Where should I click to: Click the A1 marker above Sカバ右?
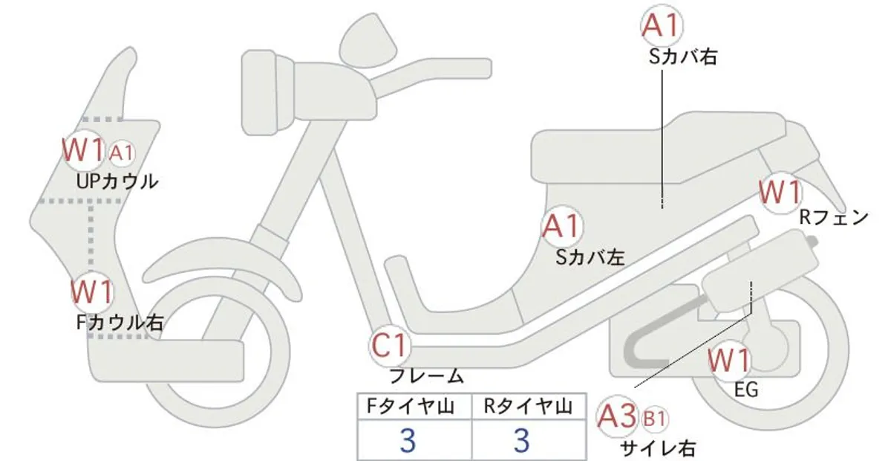coord(662,25)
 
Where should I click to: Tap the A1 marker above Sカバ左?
coord(562,226)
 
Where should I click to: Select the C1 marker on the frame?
coord(389,346)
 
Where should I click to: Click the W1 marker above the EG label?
coord(729,361)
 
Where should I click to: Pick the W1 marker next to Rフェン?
coord(781,193)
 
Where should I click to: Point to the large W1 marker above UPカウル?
coord(84,150)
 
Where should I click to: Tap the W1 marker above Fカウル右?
coord(92,292)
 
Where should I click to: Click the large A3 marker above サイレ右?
coord(617,416)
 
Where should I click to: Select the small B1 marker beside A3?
coord(655,419)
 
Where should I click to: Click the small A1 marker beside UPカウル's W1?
coord(120,153)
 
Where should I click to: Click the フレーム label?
coord(427,375)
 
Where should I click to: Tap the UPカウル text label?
coord(117,181)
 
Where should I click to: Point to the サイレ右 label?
coord(658,448)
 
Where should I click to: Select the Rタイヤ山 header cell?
coord(529,407)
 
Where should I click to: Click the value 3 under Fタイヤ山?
coord(408,440)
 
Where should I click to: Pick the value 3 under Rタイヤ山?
coord(521,440)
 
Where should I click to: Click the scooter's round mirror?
coord(368,41)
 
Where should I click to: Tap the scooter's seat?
coord(659,147)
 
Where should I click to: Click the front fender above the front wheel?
coord(223,263)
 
